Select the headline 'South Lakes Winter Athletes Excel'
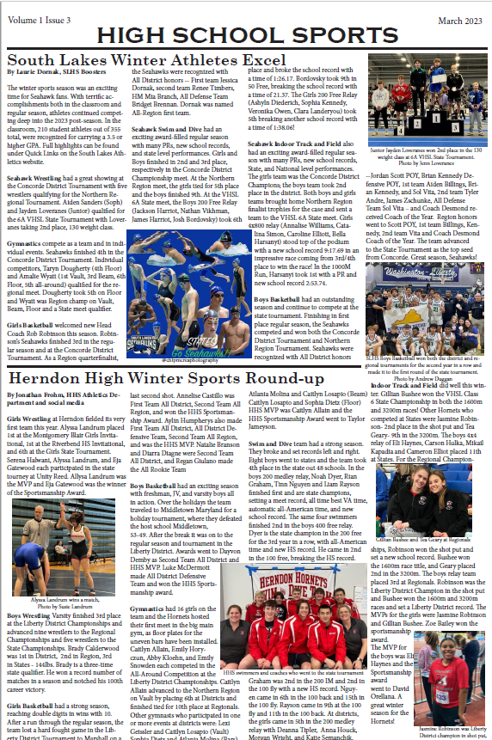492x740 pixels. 146,61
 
